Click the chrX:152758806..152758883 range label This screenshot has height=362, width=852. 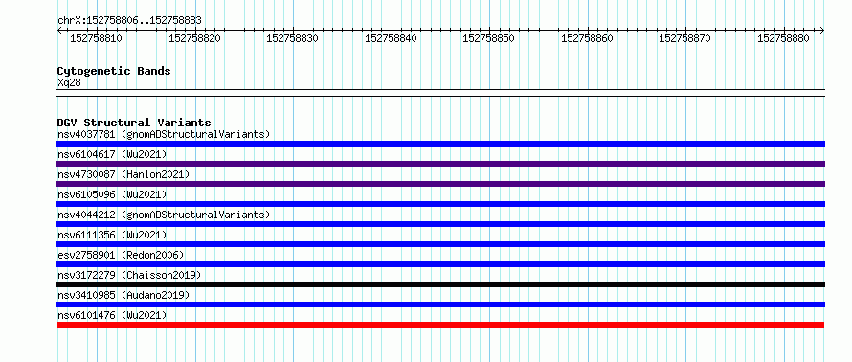pos(129,20)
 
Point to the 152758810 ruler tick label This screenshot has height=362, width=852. pos(96,38)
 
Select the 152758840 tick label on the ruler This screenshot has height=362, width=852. pos(391,38)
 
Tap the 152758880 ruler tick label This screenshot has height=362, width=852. pos(783,38)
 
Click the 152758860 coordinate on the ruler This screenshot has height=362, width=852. pos(587,38)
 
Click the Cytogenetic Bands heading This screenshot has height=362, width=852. pos(114,71)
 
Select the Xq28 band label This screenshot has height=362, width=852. pos(69,83)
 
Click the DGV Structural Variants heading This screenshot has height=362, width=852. pos(134,123)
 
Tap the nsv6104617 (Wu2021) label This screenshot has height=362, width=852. pos(112,154)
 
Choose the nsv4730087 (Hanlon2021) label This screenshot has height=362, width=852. pos(123,174)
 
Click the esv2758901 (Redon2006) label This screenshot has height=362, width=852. pos(121,255)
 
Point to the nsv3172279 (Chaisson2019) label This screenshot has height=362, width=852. pos(129,275)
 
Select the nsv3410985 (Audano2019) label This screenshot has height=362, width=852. pos(123,295)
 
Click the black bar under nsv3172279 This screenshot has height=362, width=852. pos(440,284)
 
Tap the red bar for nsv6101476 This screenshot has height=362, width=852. pos(440,325)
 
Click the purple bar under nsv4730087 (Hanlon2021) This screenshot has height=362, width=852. pos(440,184)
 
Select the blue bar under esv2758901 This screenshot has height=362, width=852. pos(440,264)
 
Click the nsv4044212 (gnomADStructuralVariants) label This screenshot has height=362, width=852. pos(164,215)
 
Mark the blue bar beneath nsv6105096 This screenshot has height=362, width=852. pos(440,204)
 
